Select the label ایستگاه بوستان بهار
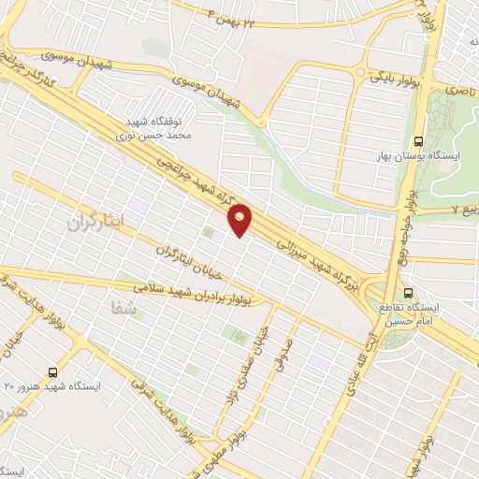click(x=433, y=152)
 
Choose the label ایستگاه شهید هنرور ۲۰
click(x=53, y=385)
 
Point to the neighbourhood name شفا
click(x=123, y=307)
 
